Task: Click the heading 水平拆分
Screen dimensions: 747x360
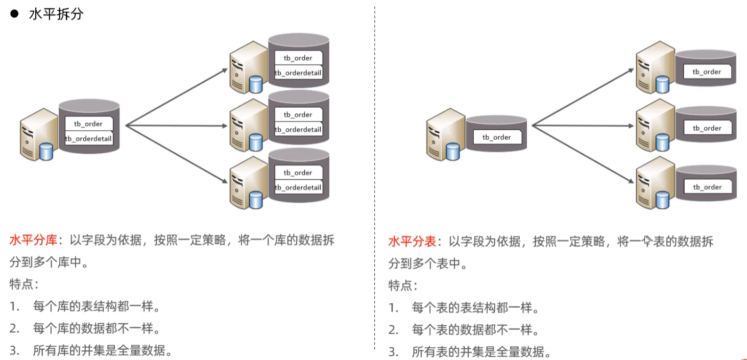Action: click(56, 14)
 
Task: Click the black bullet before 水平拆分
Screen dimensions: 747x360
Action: click(14, 14)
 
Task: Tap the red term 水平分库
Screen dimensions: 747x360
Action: click(33, 240)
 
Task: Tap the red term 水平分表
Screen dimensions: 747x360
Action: click(412, 241)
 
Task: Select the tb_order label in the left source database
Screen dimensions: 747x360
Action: click(88, 124)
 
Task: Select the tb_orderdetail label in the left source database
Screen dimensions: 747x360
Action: click(88, 139)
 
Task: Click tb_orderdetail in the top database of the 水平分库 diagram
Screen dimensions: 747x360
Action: click(298, 73)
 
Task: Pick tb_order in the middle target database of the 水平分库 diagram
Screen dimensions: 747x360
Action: click(298, 115)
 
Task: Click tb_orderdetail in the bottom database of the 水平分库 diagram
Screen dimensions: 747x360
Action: click(298, 187)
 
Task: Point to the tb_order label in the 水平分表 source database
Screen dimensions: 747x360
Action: click(497, 137)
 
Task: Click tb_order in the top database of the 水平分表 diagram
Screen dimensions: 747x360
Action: click(707, 71)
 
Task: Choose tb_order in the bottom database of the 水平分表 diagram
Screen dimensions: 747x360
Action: click(707, 187)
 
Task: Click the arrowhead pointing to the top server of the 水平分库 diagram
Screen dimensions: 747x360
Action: click(225, 70)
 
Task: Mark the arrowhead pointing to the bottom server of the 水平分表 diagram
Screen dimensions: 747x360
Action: click(631, 180)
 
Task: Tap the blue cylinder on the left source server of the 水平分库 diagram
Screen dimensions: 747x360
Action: click(46, 152)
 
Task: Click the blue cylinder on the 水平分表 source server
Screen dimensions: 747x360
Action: click(453, 152)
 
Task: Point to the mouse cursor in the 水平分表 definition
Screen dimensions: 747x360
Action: click(647, 241)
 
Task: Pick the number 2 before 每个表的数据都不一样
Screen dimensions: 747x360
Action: click(393, 330)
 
